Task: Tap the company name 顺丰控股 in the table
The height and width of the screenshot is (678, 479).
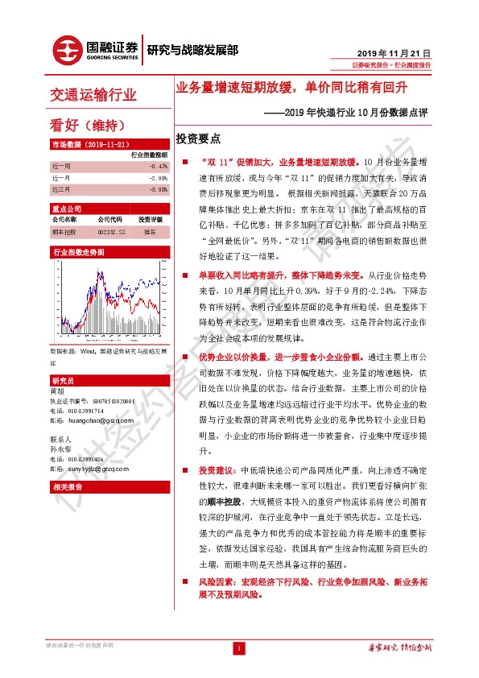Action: pos(64,231)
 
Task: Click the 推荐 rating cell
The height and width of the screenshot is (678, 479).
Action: pos(150,231)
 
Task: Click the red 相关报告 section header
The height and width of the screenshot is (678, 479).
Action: pos(64,486)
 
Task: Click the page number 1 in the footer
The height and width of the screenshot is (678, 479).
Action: pos(238,647)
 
